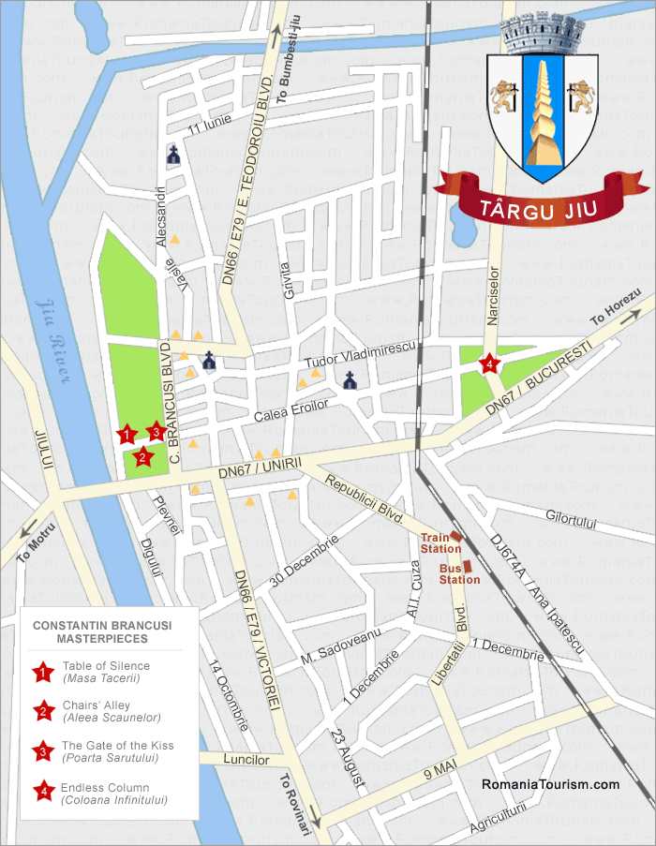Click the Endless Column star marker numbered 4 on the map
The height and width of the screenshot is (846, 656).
(488, 364)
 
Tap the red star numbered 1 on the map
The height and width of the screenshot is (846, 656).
(125, 433)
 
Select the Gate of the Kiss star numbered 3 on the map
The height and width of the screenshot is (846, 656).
(157, 432)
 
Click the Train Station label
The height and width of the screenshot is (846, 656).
(435, 542)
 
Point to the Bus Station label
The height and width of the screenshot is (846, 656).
(460, 573)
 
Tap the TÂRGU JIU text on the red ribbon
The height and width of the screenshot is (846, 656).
(541, 208)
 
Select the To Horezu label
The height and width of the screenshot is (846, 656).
(614, 307)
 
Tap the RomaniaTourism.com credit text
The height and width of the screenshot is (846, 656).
(550, 785)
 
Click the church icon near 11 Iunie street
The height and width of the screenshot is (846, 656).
(173, 156)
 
